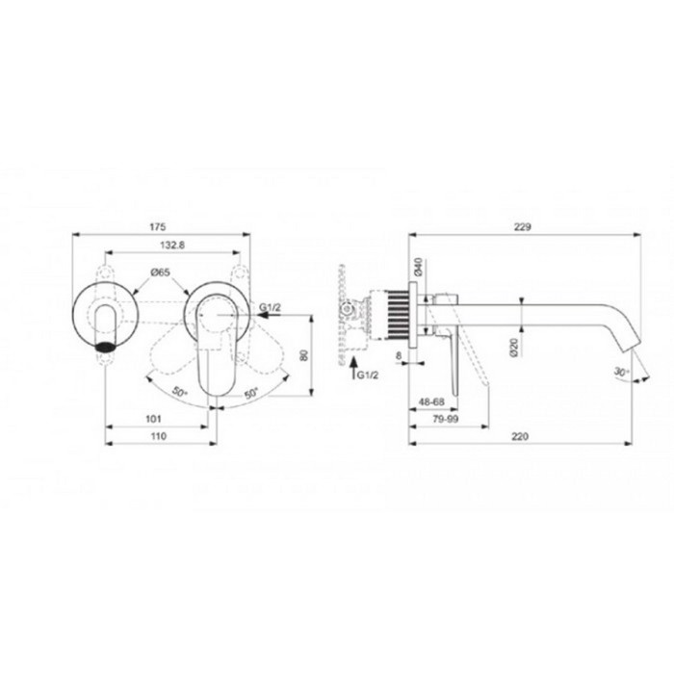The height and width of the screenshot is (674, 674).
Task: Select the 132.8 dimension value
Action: (x=172, y=246)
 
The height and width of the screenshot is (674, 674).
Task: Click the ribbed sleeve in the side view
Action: (x=394, y=313)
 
